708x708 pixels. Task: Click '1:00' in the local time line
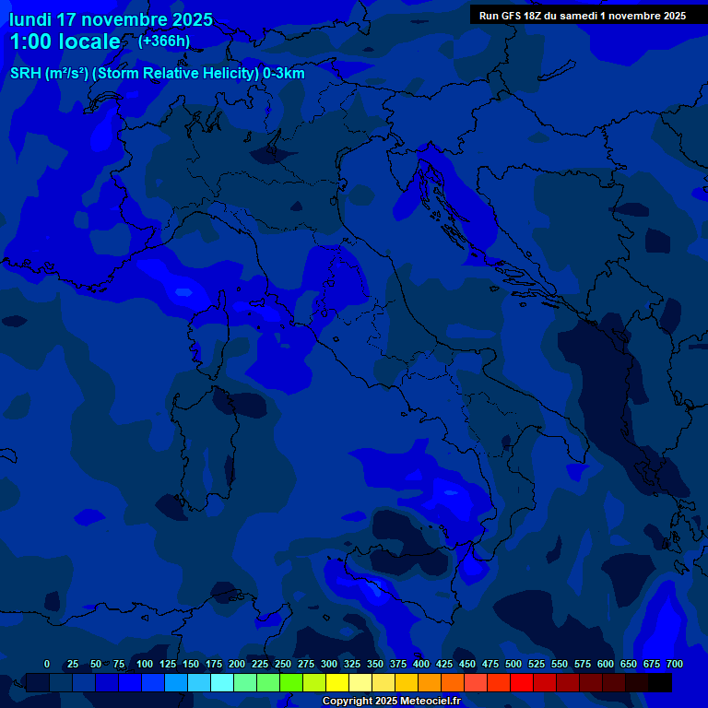(x=30, y=42)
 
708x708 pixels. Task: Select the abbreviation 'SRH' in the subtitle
(x=25, y=74)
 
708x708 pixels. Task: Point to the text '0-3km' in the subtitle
(x=283, y=74)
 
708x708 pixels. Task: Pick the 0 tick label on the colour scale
(x=47, y=664)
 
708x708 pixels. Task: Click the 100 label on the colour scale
(x=145, y=664)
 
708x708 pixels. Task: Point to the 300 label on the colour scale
(x=329, y=664)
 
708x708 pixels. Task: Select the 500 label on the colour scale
(x=513, y=664)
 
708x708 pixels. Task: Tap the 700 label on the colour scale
(x=674, y=664)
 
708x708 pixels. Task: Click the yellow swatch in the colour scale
(x=337, y=682)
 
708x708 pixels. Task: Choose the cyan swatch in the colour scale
(x=222, y=682)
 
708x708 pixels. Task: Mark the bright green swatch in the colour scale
(x=291, y=682)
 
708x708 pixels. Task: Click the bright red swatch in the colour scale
(x=522, y=682)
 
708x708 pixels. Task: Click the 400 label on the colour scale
(x=421, y=664)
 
